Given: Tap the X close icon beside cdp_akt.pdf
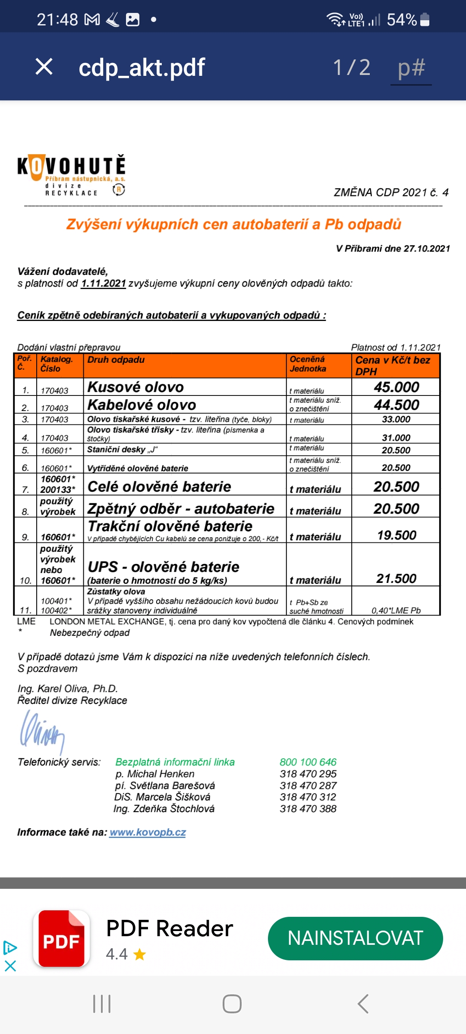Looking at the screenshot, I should [x=44, y=67].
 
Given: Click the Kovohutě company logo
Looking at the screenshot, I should [x=72, y=175].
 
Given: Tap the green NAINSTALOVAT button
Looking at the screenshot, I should [x=355, y=938].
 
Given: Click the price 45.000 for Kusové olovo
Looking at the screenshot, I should [x=396, y=387].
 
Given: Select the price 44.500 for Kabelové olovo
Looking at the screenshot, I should [x=396, y=405].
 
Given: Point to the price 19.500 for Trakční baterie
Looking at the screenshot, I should [x=396, y=535].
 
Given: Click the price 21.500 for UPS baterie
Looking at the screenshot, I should [x=396, y=578].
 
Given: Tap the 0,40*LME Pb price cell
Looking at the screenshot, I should [x=396, y=610].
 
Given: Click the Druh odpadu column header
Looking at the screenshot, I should [x=116, y=360].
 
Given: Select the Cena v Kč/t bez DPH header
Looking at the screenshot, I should [x=393, y=365].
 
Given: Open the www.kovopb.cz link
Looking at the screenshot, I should [x=148, y=832].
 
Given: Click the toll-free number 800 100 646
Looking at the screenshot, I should [x=308, y=762].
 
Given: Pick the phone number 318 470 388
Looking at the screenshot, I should [x=308, y=809].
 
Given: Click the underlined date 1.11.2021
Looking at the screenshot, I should [x=104, y=283].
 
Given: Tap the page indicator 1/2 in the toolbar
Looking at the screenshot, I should [x=352, y=68].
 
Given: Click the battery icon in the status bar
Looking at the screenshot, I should [x=425, y=19].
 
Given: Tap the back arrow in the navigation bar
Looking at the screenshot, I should [x=363, y=1004].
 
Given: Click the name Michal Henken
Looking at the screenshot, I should [x=160, y=774].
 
